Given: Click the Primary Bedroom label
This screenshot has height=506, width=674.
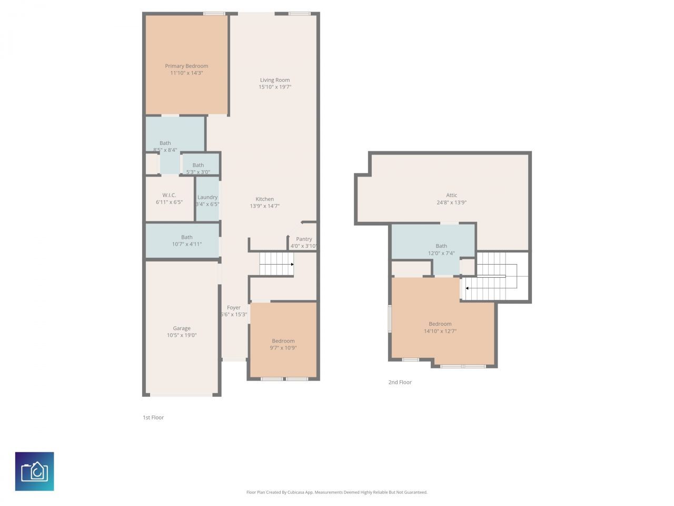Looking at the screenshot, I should pos(186,66).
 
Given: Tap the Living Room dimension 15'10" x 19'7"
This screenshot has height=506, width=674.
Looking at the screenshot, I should pos(275,87).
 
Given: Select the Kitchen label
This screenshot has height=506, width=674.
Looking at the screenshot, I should pos(264,199).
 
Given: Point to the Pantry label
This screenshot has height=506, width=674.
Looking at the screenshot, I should pos(304,239).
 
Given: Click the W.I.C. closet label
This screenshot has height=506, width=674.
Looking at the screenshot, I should pos(169,195).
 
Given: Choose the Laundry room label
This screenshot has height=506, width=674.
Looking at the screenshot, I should pos(207,197).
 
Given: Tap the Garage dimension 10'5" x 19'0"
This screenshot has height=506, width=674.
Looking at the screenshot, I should pos(182,335).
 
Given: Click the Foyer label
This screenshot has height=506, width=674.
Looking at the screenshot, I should pos(234,307).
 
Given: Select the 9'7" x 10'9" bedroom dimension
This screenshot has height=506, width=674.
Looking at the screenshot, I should pos(283,348).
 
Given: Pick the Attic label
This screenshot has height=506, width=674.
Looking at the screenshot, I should pos(452,195).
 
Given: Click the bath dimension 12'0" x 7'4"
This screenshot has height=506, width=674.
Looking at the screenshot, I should pos(441,253).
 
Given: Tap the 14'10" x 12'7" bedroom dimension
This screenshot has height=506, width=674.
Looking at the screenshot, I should pos(440,332).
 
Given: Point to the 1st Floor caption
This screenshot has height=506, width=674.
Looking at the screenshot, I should pos(153,417).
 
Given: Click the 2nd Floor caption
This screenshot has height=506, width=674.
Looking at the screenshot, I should pos(400,382).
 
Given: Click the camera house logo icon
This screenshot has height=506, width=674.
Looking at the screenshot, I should pos(34,471).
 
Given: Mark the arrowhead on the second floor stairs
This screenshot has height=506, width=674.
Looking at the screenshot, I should pos(467,288).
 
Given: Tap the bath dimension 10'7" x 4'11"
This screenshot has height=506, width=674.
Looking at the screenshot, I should pos(187,244).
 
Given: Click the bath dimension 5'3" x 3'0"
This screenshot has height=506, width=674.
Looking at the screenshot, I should pos(198,172).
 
